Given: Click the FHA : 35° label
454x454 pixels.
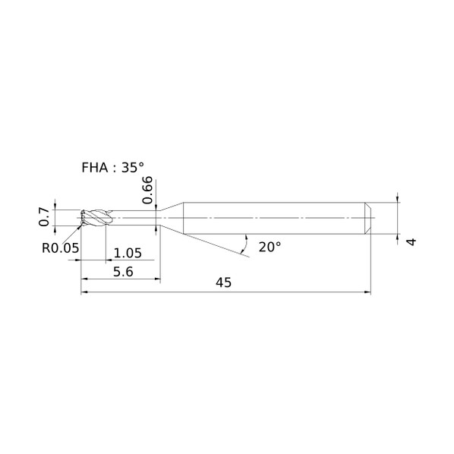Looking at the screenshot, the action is [112, 168].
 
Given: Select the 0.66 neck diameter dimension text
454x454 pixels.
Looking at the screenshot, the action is [147, 190].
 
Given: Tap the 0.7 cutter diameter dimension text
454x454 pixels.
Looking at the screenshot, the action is [44, 217].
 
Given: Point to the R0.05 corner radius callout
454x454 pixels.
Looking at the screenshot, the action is [60, 248].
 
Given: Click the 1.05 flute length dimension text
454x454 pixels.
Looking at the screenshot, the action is [128, 253].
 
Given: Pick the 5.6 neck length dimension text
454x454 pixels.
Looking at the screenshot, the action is [123, 272].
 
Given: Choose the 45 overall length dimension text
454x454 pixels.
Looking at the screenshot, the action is [223, 282].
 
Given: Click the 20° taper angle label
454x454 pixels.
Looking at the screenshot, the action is [270, 247].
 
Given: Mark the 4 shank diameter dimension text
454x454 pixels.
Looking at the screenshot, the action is [411, 241].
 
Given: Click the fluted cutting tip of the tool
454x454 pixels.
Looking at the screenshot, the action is [96, 217].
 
